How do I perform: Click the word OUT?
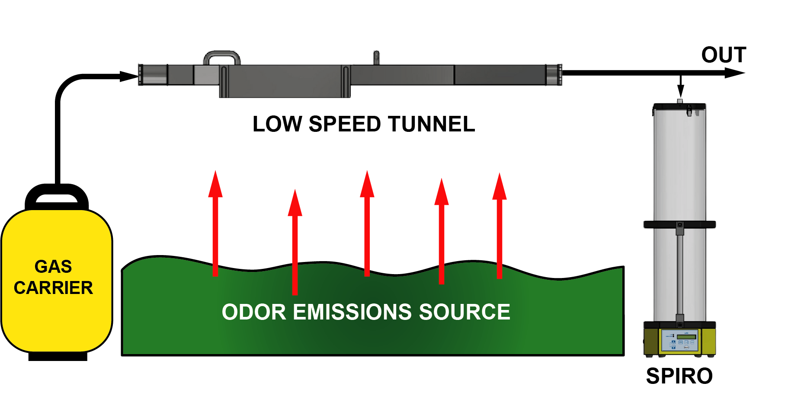(x=724, y=55)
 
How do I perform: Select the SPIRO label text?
(x=679, y=376)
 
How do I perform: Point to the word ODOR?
(x=254, y=312)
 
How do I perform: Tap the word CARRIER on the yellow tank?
(x=53, y=288)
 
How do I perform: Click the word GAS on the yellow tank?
(x=53, y=266)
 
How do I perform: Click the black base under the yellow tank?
(x=58, y=357)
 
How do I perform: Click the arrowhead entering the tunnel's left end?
(x=130, y=77)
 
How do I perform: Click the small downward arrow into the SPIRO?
(x=681, y=90)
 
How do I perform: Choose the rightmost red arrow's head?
(x=500, y=187)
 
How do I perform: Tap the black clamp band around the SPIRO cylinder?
(x=679, y=224)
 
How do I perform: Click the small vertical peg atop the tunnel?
(x=376, y=57)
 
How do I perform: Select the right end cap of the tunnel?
(x=554, y=75)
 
